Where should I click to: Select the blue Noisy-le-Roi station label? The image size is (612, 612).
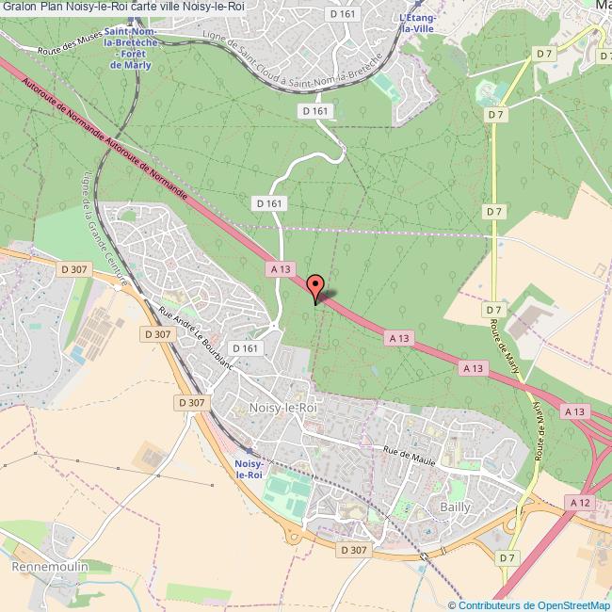pos(249,470)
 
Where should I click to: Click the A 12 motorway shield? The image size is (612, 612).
pos(581,505)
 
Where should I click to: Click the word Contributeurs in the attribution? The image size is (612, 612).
pos(489,605)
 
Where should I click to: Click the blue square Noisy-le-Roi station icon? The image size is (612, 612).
pos(249,452)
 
